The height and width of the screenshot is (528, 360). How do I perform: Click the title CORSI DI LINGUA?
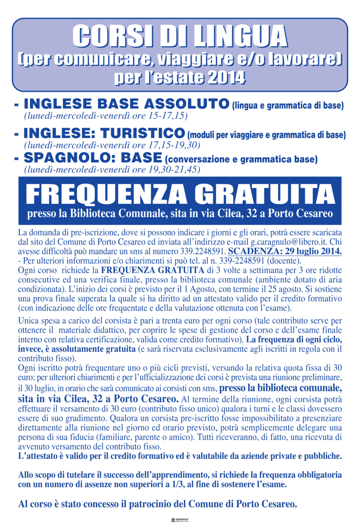180,36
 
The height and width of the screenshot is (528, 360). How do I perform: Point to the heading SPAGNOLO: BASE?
93,158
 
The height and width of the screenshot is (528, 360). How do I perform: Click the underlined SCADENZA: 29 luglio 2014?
285,252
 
